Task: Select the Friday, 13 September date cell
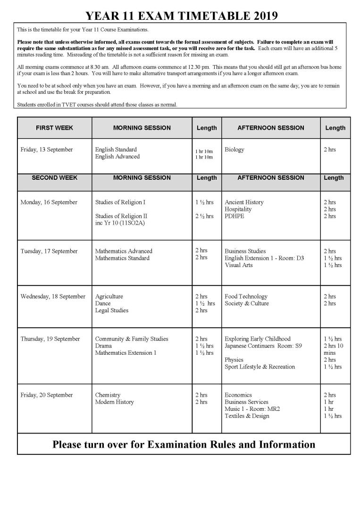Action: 47,150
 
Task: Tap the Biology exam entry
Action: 234,150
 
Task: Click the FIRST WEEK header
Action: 55,128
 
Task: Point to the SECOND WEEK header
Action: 55,178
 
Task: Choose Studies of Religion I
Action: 120,202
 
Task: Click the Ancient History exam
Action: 244,202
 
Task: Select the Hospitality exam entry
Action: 238,209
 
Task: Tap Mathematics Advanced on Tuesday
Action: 124,251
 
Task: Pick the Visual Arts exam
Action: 238,265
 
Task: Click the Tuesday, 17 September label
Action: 49,251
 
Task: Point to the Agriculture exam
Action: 109,296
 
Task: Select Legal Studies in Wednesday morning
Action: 112,310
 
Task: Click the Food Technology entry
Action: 246,296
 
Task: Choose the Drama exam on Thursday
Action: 103,346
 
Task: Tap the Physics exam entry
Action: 234,360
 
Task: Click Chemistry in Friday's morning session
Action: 108,395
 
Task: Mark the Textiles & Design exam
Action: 247,416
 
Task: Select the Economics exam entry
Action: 238,395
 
